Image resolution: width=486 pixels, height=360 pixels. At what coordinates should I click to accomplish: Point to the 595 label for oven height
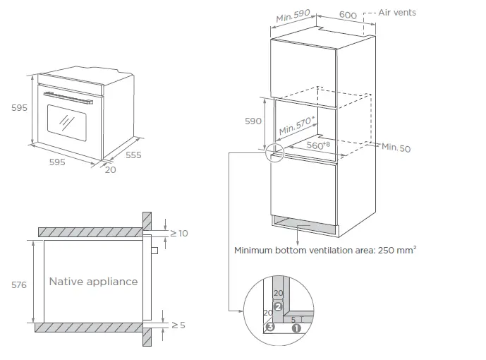click(19, 108)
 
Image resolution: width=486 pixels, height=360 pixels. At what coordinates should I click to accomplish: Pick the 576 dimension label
click(19, 284)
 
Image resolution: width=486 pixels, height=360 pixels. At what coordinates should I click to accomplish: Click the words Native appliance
click(93, 282)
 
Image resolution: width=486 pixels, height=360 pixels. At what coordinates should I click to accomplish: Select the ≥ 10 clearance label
click(179, 233)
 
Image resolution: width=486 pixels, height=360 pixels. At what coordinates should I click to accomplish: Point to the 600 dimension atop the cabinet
click(348, 14)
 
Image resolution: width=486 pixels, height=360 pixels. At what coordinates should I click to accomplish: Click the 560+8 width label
click(320, 145)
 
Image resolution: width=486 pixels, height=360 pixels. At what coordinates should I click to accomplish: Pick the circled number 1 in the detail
click(296, 328)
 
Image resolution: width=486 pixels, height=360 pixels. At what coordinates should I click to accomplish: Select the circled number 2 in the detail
click(278, 307)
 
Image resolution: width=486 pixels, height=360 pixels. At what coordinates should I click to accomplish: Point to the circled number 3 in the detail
click(269, 328)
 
